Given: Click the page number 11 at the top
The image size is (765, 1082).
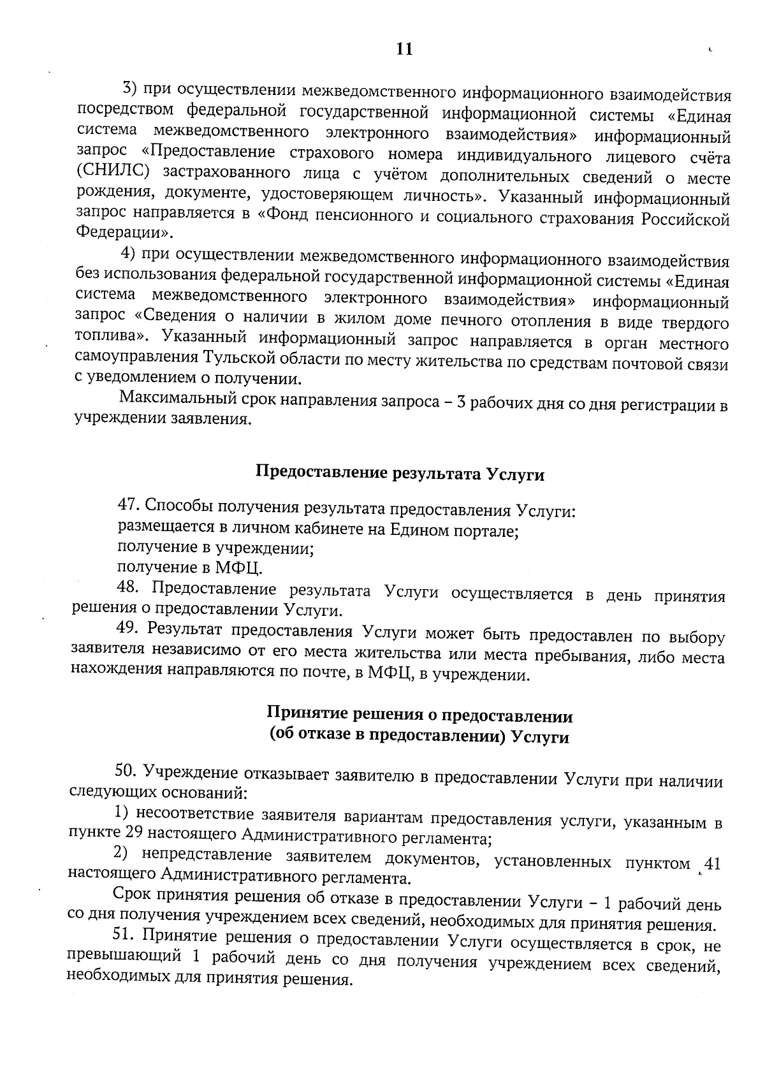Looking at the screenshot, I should click(x=404, y=49).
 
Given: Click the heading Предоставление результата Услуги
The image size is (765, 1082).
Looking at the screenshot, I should click(x=400, y=473).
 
